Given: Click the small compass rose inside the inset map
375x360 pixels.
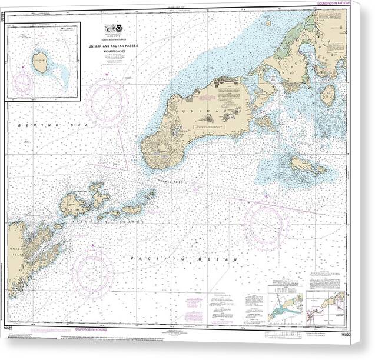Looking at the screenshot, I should (23, 82).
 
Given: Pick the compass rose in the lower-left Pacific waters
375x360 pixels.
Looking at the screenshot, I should (93, 272).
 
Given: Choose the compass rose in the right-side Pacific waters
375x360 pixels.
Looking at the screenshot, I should (267, 224).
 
